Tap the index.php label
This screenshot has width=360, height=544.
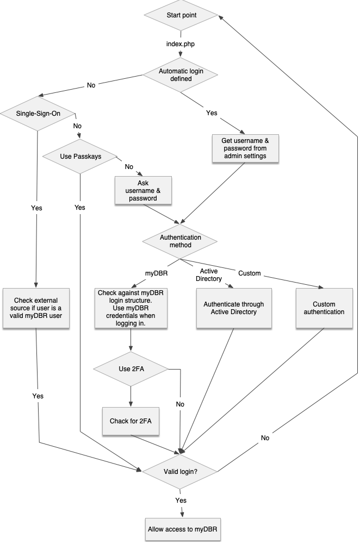coord(180,43)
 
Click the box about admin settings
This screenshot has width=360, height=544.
coord(245,148)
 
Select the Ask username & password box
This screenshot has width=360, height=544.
coord(143,191)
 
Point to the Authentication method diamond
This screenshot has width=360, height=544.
coord(180,241)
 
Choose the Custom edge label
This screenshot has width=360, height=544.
coord(250,273)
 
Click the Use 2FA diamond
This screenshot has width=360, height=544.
coord(131,370)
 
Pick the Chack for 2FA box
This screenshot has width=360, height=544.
coord(131,421)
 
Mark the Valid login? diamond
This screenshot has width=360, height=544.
coord(180,472)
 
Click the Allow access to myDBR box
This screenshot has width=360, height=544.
coord(184,528)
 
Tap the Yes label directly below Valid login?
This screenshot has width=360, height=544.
coord(181,500)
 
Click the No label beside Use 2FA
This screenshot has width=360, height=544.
coord(180,404)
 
